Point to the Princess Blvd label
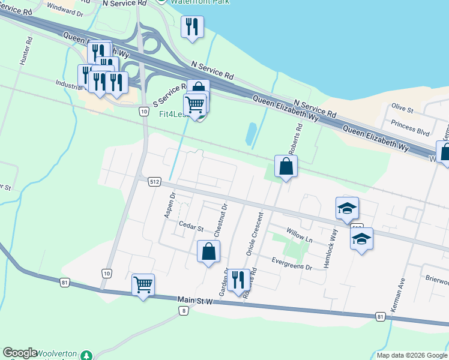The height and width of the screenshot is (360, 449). tap(411, 127)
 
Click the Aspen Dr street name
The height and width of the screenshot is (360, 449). tap(169, 206)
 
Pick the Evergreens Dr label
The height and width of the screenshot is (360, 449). tap(292, 263)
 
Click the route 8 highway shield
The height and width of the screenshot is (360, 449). tap(184, 310)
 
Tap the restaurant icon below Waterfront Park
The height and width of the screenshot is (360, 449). tap(192, 26)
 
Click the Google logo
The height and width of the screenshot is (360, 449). tap(20, 353)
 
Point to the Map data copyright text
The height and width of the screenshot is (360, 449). tap(412, 355)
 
